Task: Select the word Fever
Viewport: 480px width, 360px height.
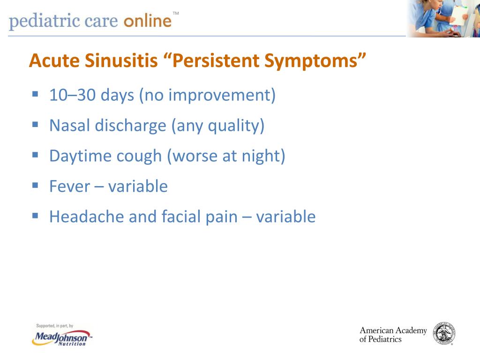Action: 69,187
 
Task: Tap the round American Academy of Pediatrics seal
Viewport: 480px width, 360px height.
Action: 444,333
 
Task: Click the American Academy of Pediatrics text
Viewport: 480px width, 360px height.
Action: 393,335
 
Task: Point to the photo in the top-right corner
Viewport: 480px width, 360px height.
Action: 443,18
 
